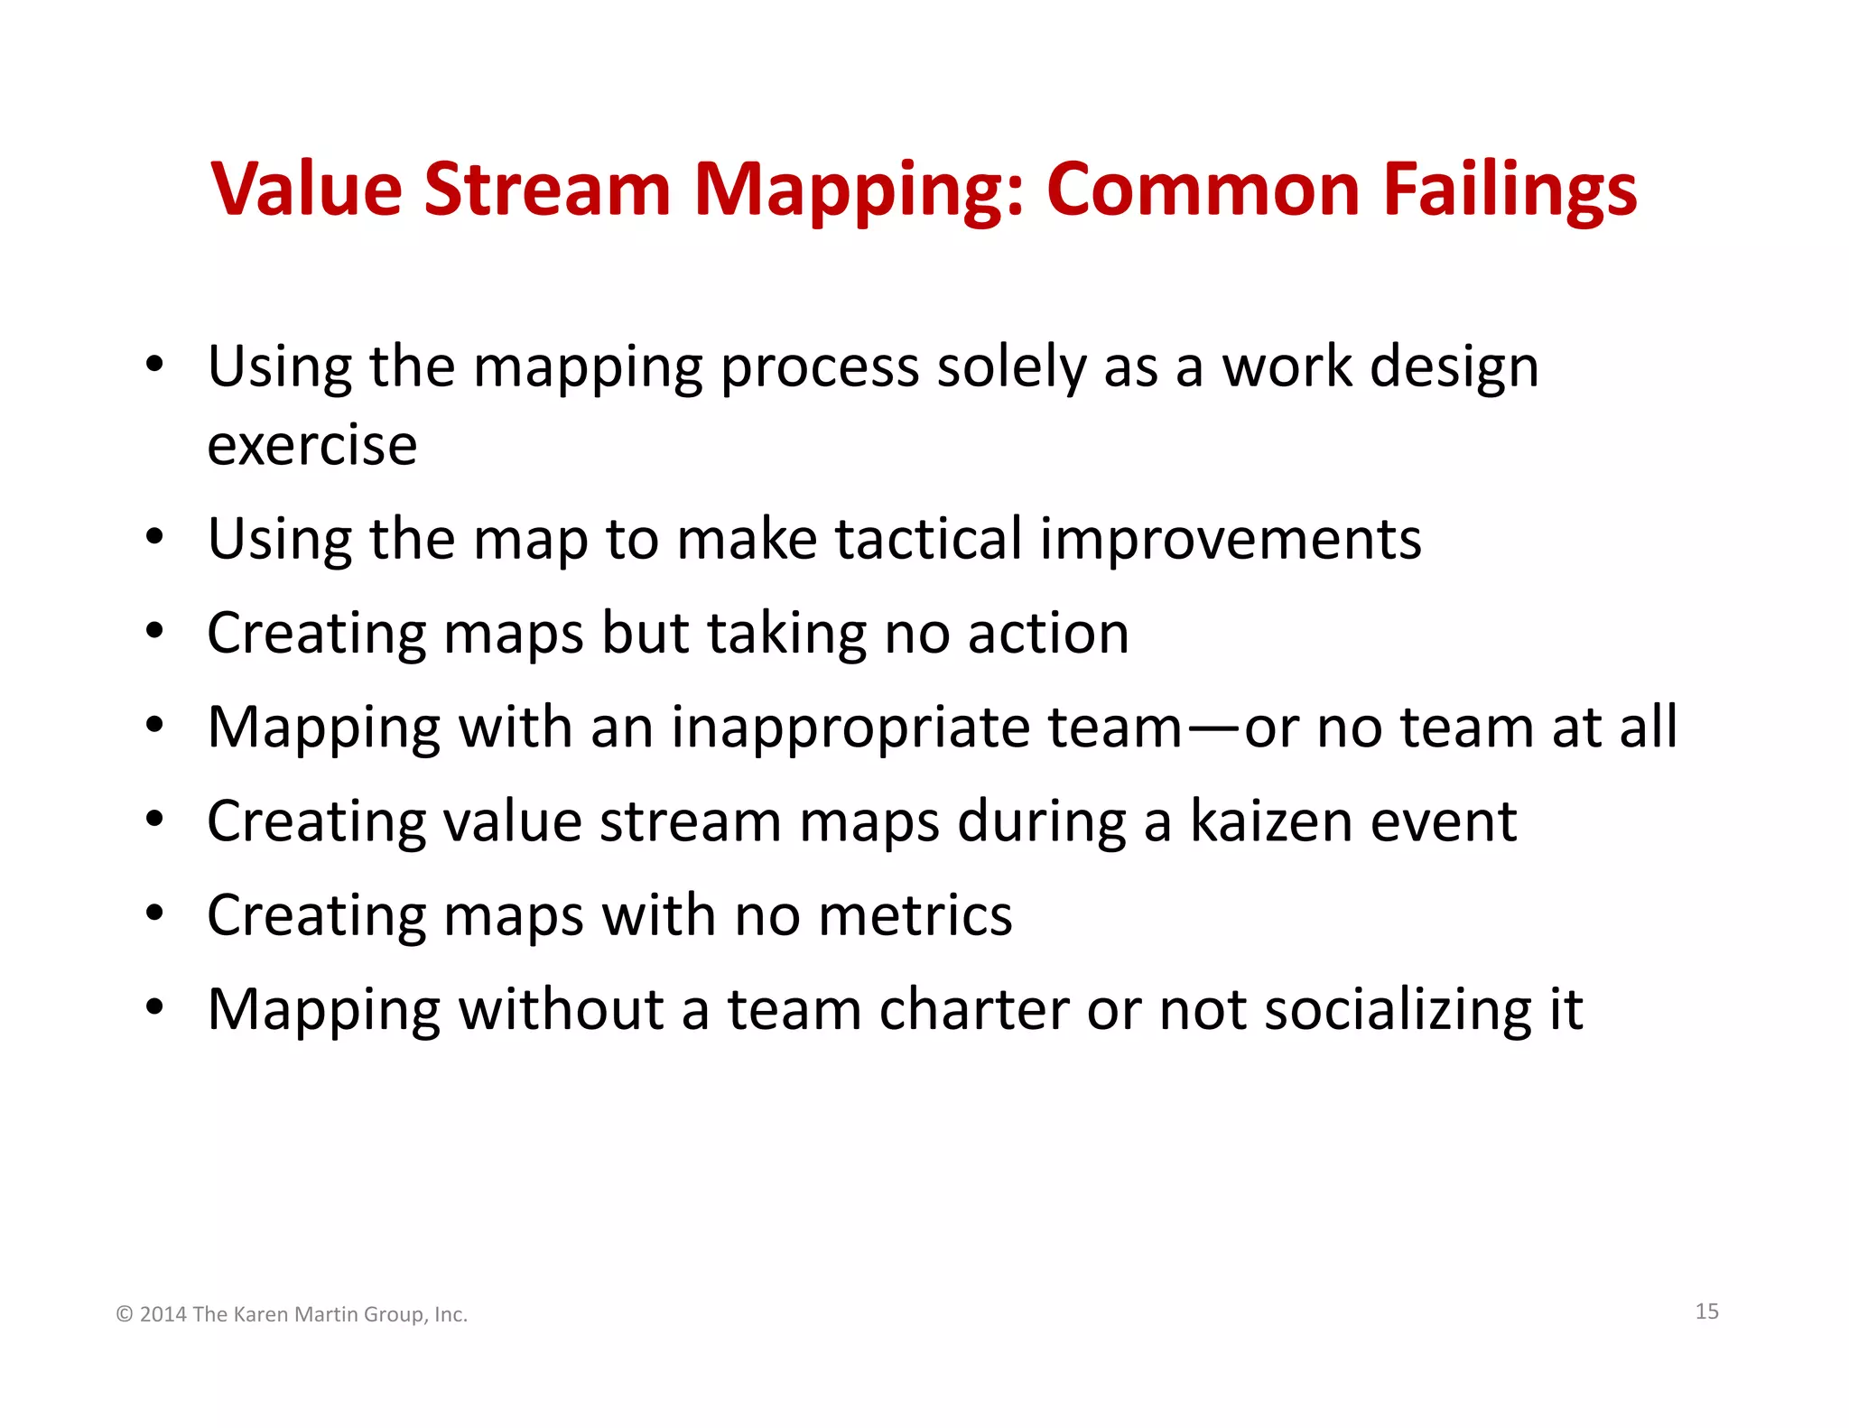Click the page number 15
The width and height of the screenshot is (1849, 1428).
pyautogui.click(x=1706, y=1312)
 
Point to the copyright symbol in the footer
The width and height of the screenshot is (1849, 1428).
pyautogui.click(x=125, y=1314)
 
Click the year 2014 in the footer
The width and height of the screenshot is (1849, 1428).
pyautogui.click(x=163, y=1314)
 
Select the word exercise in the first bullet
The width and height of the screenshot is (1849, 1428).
pyautogui.click(x=312, y=445)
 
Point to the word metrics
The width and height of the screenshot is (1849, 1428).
pyautogui.click(x=915, y=915)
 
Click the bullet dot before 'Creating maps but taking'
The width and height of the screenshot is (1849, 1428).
pyautogui.click(x=155, y=631)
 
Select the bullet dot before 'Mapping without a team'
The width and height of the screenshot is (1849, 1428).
pyautogui.click(x=155, y=1006)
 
